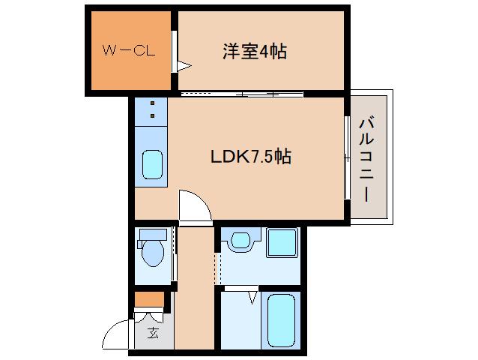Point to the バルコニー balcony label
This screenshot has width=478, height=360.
[366, 158]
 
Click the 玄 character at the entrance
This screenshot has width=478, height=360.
[153, 333]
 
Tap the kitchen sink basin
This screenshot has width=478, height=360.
[152, 163]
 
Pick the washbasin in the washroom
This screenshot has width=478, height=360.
[240, 240]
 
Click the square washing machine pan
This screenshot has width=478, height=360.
[283, 241]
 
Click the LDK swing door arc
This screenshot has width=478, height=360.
[192, 204]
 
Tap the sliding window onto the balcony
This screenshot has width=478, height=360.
[347, 157]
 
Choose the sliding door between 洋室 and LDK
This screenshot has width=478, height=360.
[241, 94]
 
